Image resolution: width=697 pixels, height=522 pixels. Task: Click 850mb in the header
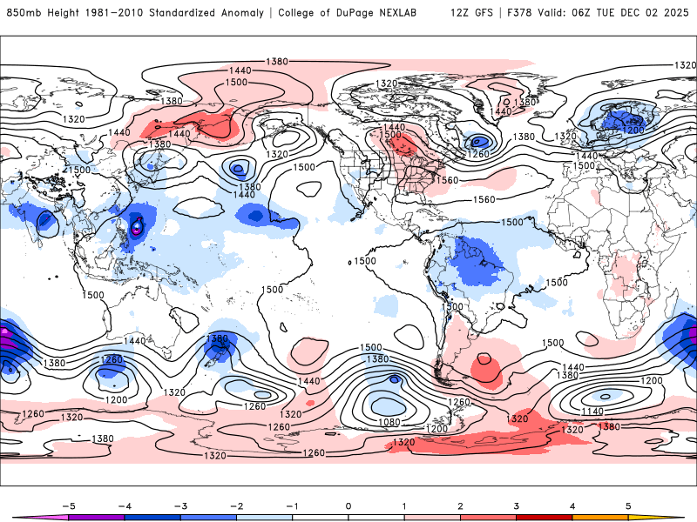pyautogui.click(x=22, y=13)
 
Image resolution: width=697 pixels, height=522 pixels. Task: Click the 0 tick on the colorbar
pyautogui.click(x=348, y=505)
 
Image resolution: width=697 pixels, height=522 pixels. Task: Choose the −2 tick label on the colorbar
pyautogui.click(x=235, y=505)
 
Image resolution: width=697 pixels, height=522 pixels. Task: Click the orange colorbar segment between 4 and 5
pyautogui.click(x=601, y=517)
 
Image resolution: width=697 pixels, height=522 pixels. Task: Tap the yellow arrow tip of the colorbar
pyautogui.click(x=678, y=517)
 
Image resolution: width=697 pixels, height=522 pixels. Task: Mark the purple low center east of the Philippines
pyautogui.click(x=137, y=229)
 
